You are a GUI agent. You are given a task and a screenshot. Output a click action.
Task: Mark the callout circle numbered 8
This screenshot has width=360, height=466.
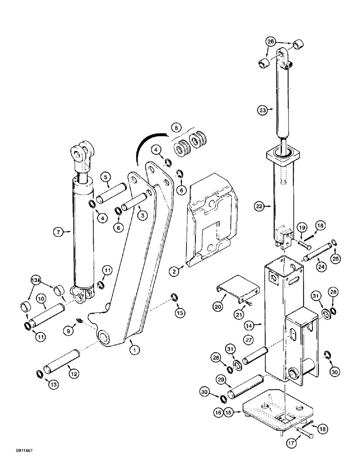pos(175,127)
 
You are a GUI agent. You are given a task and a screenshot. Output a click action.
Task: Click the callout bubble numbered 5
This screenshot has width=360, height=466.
pos(106,177)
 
